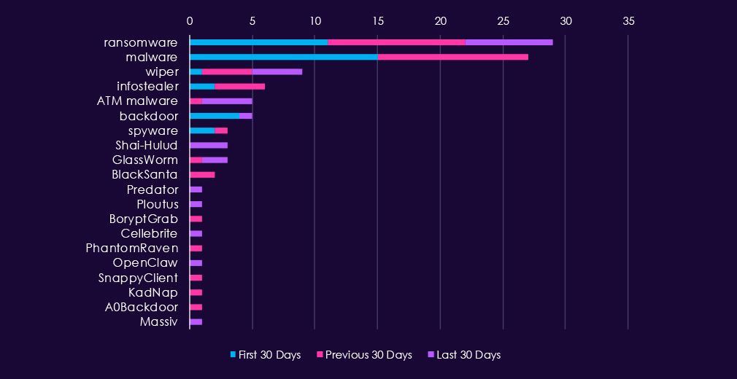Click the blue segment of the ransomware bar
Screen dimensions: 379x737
point(258,42)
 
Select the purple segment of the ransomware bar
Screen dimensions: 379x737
point(509,42)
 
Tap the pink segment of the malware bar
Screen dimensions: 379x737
point(452,57)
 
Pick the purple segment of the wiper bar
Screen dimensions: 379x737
point(277,71)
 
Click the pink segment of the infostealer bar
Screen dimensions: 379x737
point(239,86)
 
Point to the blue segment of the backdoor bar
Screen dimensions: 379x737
point(214,115)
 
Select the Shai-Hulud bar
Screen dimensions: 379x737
point(208,145)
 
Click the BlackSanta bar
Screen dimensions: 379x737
point(202,174)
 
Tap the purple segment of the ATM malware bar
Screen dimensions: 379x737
point(227,101)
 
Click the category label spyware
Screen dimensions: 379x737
point(153,130)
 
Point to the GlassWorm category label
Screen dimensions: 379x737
point(144,160)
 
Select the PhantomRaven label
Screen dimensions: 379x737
point(131,248)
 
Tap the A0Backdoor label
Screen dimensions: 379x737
point(141,307)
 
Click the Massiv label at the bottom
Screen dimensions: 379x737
point(158,321)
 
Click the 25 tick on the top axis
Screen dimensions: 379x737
point(502,20)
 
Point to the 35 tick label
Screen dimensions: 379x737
point(628,20)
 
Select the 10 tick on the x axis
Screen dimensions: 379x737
point(315,20)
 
